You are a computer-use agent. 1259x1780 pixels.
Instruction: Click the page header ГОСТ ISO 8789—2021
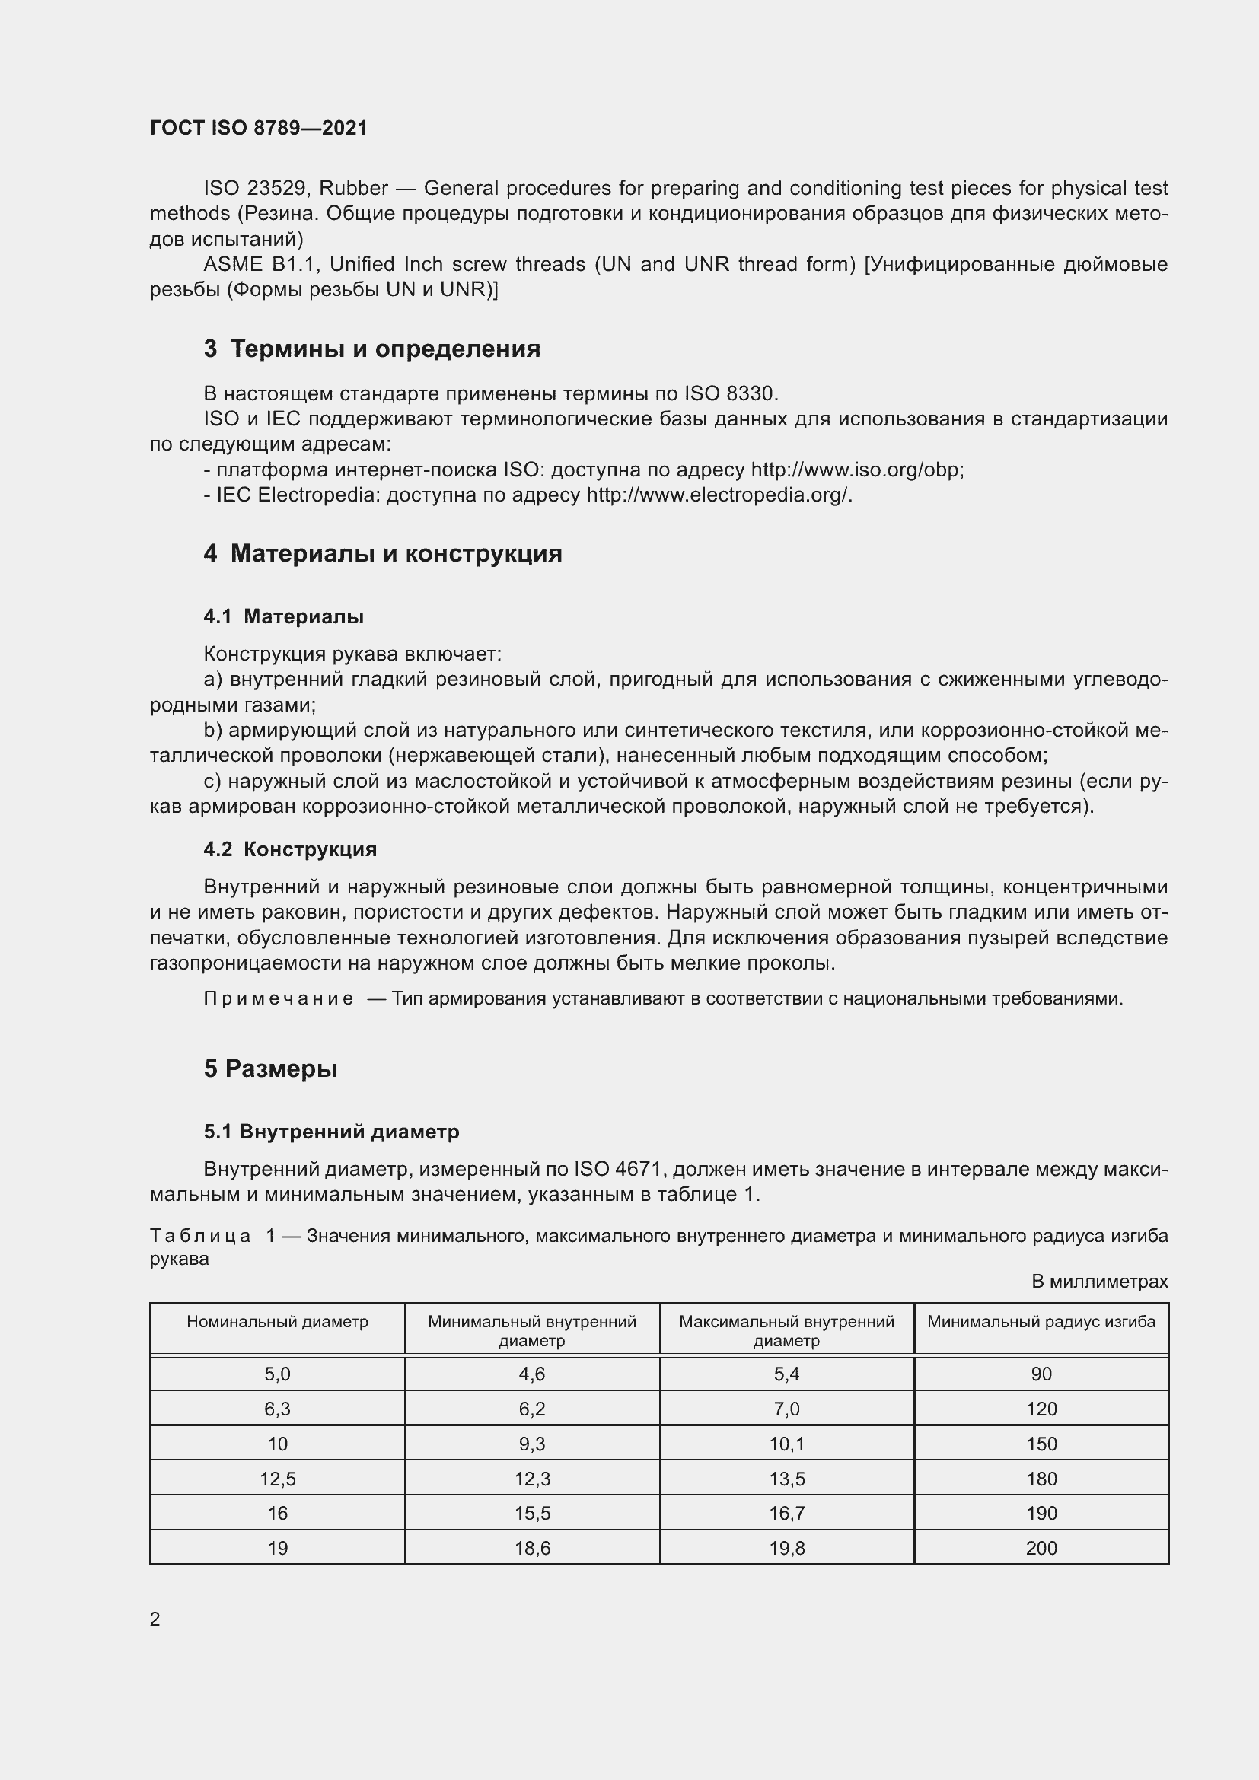(x=258, y=128)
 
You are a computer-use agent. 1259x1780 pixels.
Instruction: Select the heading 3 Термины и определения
(x=372, y=349)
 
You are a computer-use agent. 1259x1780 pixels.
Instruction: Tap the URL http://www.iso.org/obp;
(x=857, y=470)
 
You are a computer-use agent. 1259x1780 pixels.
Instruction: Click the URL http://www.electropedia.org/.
(x=719, y=495)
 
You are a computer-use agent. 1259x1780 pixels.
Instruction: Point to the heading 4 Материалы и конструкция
(x=383, y=553)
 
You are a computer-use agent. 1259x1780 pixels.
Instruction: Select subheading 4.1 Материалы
(x=284, y=616)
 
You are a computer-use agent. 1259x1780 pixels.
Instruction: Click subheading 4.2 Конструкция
(x=290, y=849)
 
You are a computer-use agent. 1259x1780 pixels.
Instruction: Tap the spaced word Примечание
(x=279, y=998)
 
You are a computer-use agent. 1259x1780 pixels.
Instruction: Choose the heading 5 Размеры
(x=270, y=1068)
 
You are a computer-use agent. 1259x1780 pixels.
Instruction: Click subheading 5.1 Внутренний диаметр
(x=332, y=1131)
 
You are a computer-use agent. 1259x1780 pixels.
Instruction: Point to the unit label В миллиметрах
(x=1098, y=1282)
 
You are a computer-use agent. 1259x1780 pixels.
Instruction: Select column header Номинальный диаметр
(x=277, y=1321)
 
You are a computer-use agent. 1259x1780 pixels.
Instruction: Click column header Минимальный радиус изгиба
(x=1041, y=1321)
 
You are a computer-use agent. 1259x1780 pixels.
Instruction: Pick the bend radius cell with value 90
(x=1041, y=1374)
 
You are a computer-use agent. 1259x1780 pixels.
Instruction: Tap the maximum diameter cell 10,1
(x=786, y=1444)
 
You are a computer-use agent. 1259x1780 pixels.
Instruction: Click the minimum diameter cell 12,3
(x=532, y=1479)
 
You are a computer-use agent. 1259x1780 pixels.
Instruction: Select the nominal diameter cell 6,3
(x=277, y=1409)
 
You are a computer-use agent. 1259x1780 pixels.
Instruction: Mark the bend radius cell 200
(x=1041, y=1548)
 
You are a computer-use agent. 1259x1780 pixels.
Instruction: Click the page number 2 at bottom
(x=155, y=1619)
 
